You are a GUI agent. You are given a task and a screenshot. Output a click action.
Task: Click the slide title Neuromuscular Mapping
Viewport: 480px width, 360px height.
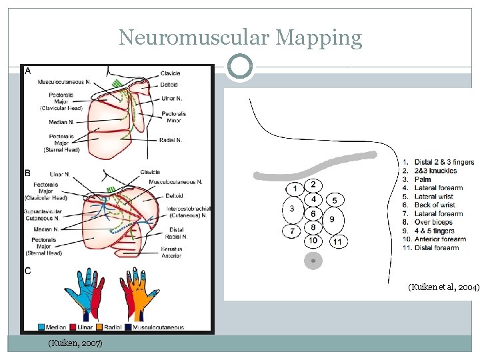tap(240, 37)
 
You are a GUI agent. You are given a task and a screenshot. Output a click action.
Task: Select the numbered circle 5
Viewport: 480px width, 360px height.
tap(335, 200)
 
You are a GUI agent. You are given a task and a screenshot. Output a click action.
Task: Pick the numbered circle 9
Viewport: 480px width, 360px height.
tap(331, 219)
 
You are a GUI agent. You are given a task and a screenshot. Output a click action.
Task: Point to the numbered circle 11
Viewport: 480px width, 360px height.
tap(338, 242)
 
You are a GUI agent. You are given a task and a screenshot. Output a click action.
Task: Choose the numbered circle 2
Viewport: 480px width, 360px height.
tap(313, 184)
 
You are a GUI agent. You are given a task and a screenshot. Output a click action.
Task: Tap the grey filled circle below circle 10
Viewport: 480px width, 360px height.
tap(313, 260)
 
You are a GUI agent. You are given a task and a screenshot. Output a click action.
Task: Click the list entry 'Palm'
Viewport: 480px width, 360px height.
tap(424, 179)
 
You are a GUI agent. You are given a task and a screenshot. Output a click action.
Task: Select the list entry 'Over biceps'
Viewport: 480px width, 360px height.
tap(433, 222)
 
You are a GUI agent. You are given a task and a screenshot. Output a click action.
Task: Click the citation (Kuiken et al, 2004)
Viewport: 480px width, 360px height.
tap(443, 287)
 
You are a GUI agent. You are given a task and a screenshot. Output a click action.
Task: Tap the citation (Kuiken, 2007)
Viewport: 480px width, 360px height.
tap(75, 343)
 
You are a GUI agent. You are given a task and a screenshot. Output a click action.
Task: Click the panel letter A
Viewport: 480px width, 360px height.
tap(27, 71)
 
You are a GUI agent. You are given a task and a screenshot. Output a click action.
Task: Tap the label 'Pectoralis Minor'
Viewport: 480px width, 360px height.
tap(173, 117)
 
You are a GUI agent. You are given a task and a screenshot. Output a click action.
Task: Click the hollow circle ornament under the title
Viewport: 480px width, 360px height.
tap(239, 67)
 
